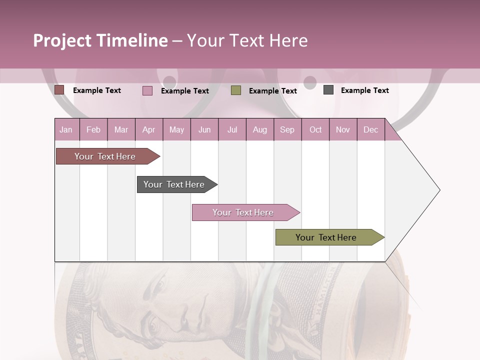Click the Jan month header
click(x=66, y=130)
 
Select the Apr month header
click(x=149, y=130)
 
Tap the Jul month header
click(x=232, y=130)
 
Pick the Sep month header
click(x=287, y=130)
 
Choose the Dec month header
click(x=370, y=130)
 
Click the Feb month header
click(x=93, y=130)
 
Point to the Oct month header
click(x=315, y=130)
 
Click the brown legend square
click(x=59, y=90)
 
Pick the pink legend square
click(x=147, y=90)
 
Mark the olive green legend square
click(x=236, y=90)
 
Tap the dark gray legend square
click(x=328, y=90)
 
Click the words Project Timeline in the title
click(x=100, y=40)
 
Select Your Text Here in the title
click(x=247, y=40)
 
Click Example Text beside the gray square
click(x=364, y=90)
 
